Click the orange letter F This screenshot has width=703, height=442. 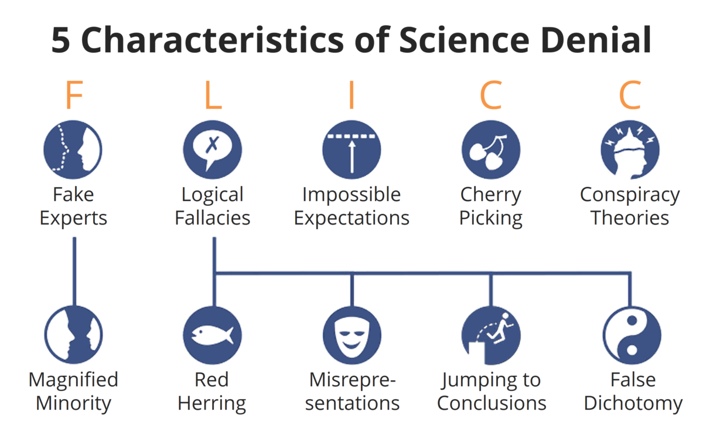coord(74,94)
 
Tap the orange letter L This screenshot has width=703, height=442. coord(213,94)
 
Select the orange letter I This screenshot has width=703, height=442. coord(352,94)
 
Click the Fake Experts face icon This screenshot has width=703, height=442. coord(73,149)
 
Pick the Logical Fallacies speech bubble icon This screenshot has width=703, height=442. coord(213,149)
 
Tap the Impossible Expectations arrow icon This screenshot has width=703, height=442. coord(352,149)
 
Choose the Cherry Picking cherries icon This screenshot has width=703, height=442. coord(491,149)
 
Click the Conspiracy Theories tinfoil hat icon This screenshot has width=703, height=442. coord(630,149)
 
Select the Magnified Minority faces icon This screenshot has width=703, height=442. coord(73,335)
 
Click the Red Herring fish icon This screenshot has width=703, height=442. coord(213,335)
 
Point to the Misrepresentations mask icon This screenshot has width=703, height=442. coord(352,335)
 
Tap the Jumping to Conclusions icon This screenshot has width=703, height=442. coord(491,335)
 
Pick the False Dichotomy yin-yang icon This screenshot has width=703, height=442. coord(632,335)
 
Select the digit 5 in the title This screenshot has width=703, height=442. coord(60,40)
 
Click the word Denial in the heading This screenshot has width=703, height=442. coord(596,39)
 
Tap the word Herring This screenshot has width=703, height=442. coord(212,404)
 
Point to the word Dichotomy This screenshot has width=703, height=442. coord(633,403)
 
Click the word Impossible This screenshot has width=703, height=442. coord(351,195)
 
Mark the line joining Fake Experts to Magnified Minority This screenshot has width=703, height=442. coord(74,271)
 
